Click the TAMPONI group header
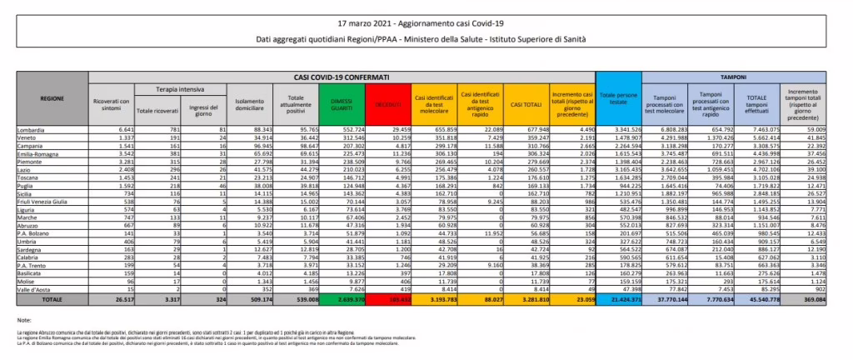[x=733, y=77]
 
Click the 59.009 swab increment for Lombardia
[x=831, y=130]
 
